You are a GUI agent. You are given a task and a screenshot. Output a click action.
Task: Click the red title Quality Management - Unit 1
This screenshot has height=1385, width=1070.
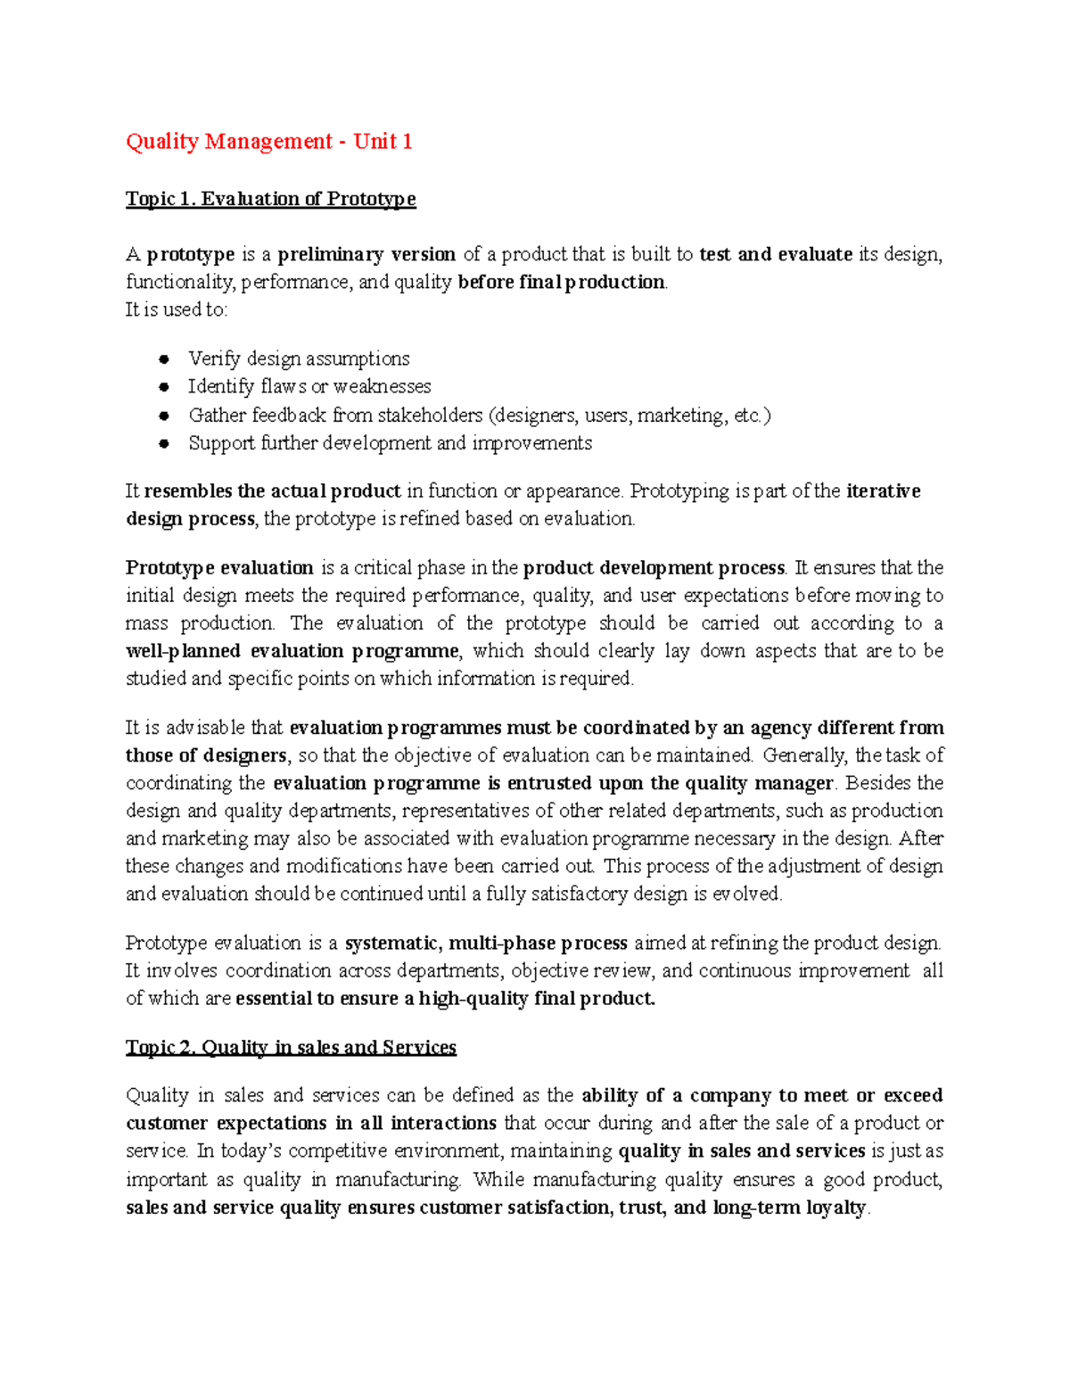pos(268,142)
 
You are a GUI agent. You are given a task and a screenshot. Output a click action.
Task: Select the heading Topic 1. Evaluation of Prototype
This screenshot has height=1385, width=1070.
pos(270,199)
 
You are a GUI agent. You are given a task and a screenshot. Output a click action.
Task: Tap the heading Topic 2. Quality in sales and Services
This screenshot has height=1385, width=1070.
pos(291,1047)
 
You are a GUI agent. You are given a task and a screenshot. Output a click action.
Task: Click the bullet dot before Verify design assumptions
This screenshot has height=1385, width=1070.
pos(164,359)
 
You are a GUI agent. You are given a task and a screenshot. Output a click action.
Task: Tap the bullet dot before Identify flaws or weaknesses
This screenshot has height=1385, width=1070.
pos(164,387)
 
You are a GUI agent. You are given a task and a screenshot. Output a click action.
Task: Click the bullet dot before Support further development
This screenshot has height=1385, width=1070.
pos(164,443)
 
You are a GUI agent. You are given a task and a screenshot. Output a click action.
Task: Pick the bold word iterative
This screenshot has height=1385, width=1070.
pos(883,491)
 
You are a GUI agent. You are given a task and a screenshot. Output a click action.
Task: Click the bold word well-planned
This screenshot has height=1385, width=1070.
pos(183,651)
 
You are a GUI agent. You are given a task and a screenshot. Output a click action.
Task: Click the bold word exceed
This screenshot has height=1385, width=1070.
pos(913,1095)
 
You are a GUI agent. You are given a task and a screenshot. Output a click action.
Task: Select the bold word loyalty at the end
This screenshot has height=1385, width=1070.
pos(835,1208)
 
